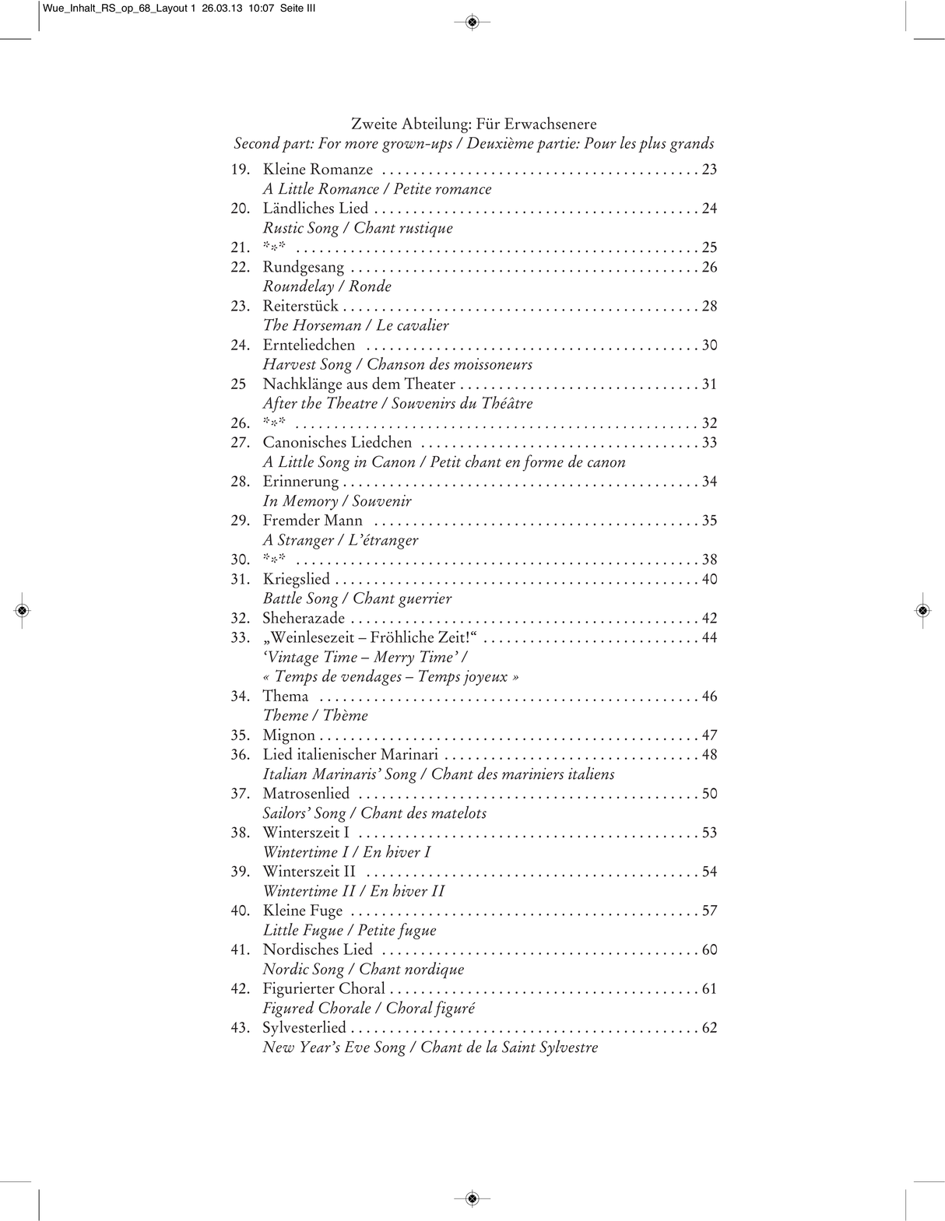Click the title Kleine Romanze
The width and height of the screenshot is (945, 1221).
(318, 170)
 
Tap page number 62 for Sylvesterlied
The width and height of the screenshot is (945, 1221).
(709, 1028)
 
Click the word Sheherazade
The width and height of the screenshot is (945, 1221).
(304, 619)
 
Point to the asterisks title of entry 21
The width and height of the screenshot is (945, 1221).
(274, 247)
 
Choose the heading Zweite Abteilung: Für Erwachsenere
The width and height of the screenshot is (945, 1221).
(473, 124)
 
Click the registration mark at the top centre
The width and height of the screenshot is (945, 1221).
(472, 22)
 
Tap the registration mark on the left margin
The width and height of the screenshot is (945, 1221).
(23, 611)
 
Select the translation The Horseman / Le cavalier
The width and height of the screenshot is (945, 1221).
(356, 325)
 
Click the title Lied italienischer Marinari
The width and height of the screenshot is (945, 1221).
(350, 755)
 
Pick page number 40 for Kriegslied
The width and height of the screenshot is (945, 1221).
(709, 579)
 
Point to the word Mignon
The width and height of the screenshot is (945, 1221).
(289, 735)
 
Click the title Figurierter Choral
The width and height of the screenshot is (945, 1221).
(324, 989)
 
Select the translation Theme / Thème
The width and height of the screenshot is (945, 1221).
(315, 716)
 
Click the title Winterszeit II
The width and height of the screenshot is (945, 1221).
(309, 872)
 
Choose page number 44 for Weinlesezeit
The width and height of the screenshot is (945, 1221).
(709, 638)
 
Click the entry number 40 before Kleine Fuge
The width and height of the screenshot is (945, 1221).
(240, 911)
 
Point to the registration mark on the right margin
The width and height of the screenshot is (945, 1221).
(922, 611)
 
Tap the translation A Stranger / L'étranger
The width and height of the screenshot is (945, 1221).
(340, 540)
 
